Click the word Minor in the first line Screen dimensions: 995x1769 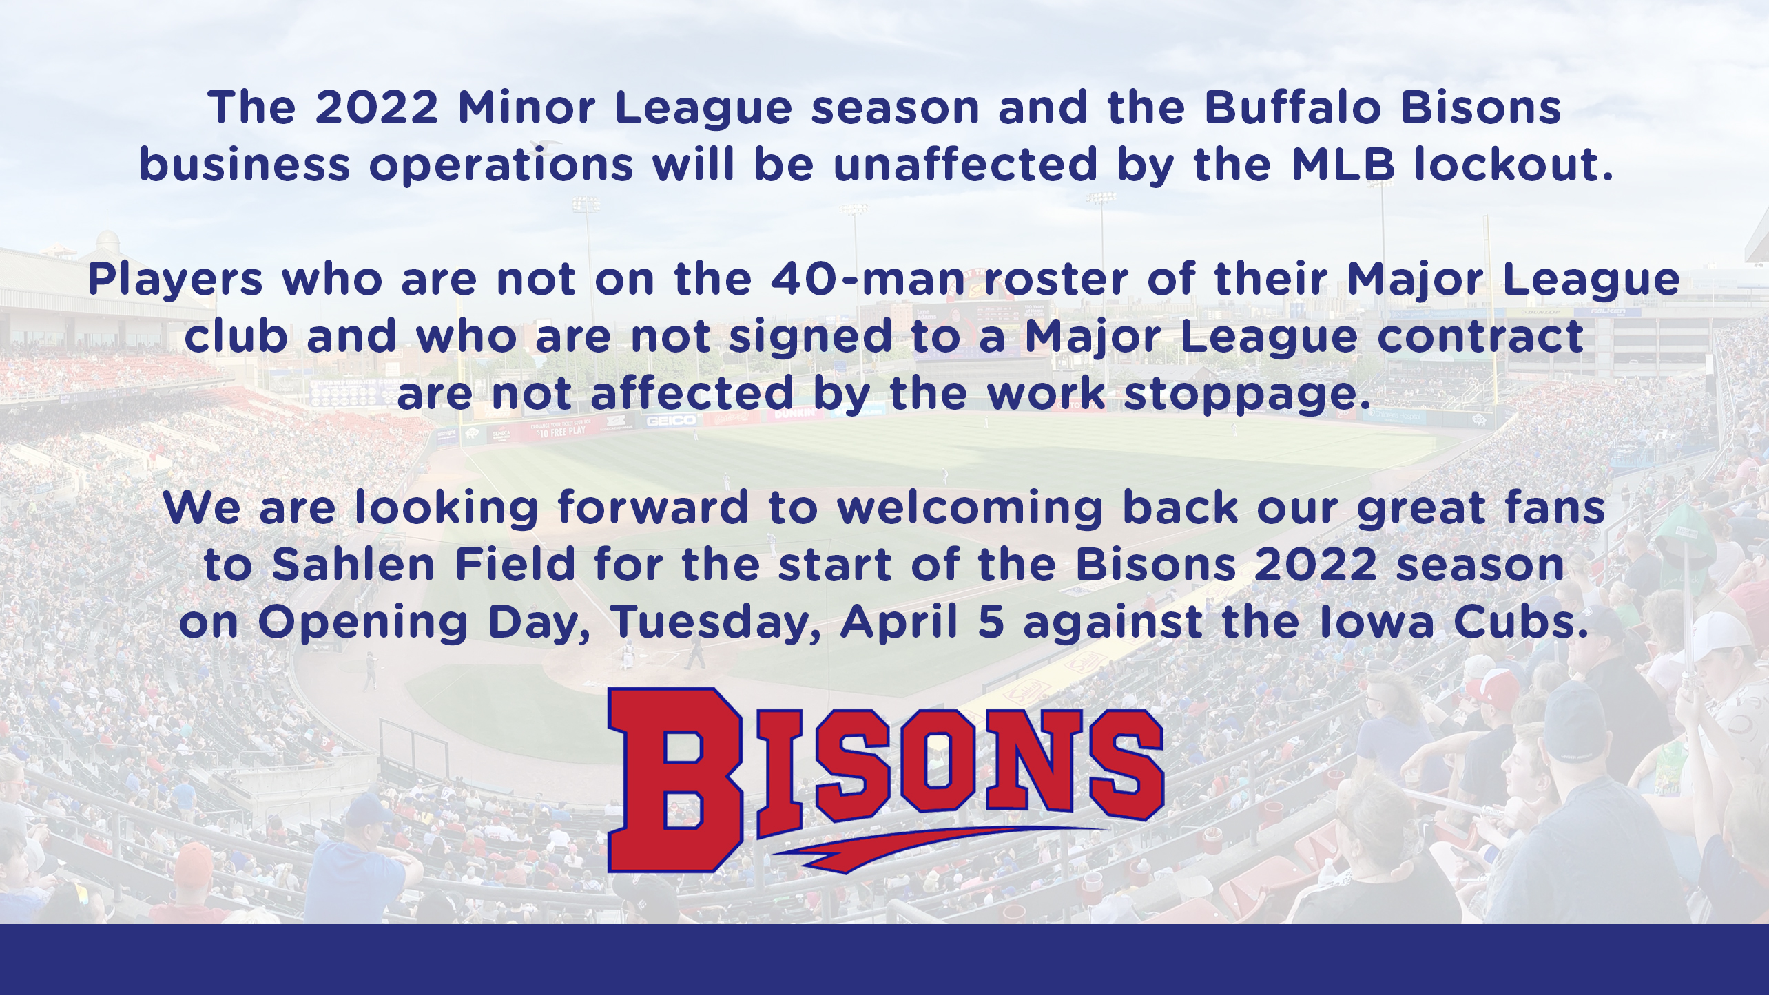pos(526,108)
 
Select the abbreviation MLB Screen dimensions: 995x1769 pos(1343,165)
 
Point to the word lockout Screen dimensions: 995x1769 pos(1513,165)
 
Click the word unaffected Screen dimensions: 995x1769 pos(965,165)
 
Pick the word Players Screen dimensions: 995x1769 pos(175,280)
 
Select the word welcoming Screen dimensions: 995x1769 pos(970,509)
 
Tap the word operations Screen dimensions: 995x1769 pos(501,167)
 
